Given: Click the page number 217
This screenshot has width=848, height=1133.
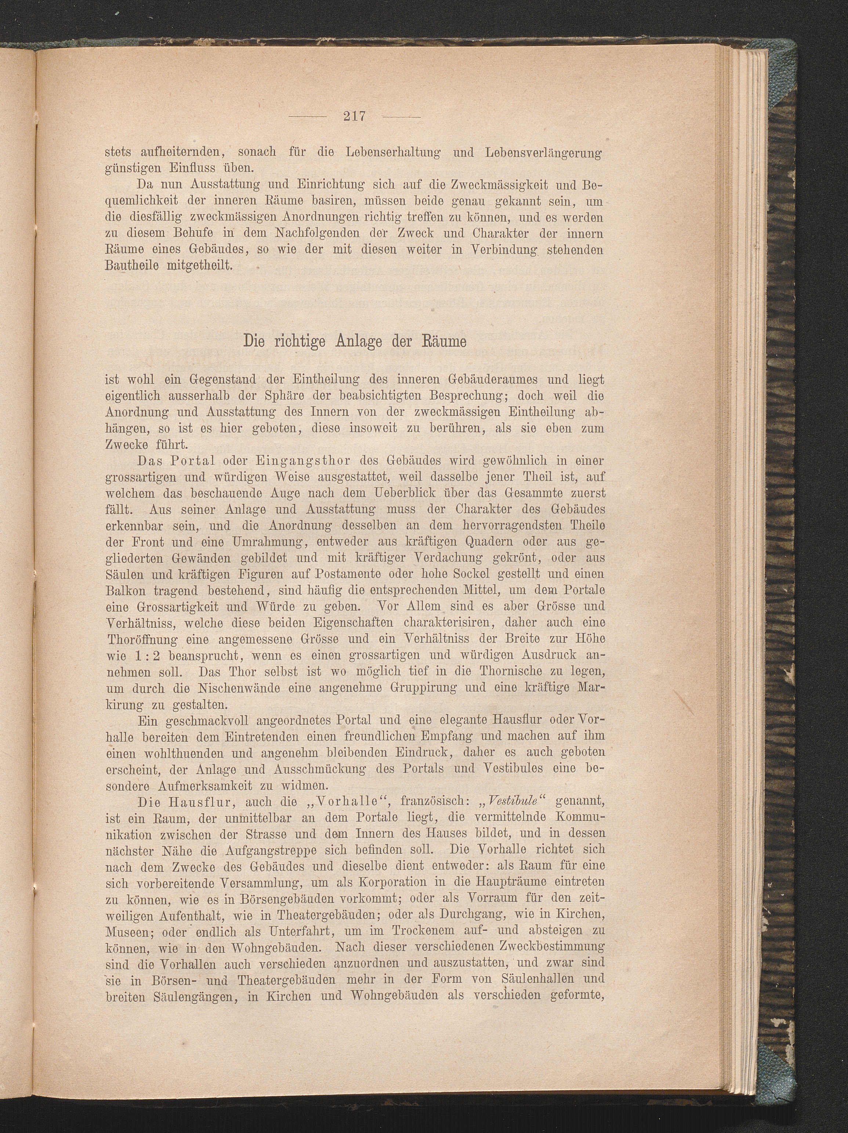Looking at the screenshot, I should click(x=355, y=116).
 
